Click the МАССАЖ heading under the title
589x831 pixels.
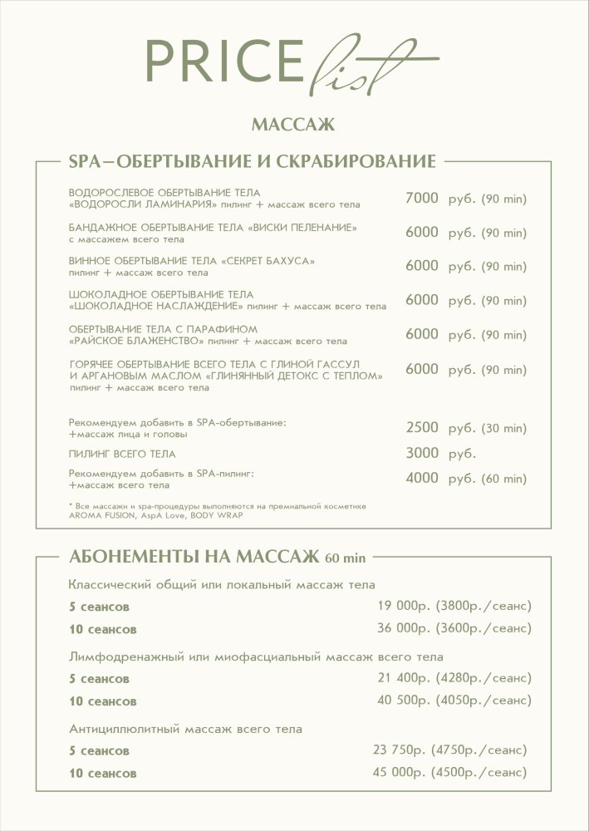[x=292, y=125]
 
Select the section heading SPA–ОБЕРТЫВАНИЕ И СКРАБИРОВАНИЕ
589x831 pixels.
[x=253, y=160]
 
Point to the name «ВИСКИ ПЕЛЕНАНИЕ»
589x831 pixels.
[x=304, y=228]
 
